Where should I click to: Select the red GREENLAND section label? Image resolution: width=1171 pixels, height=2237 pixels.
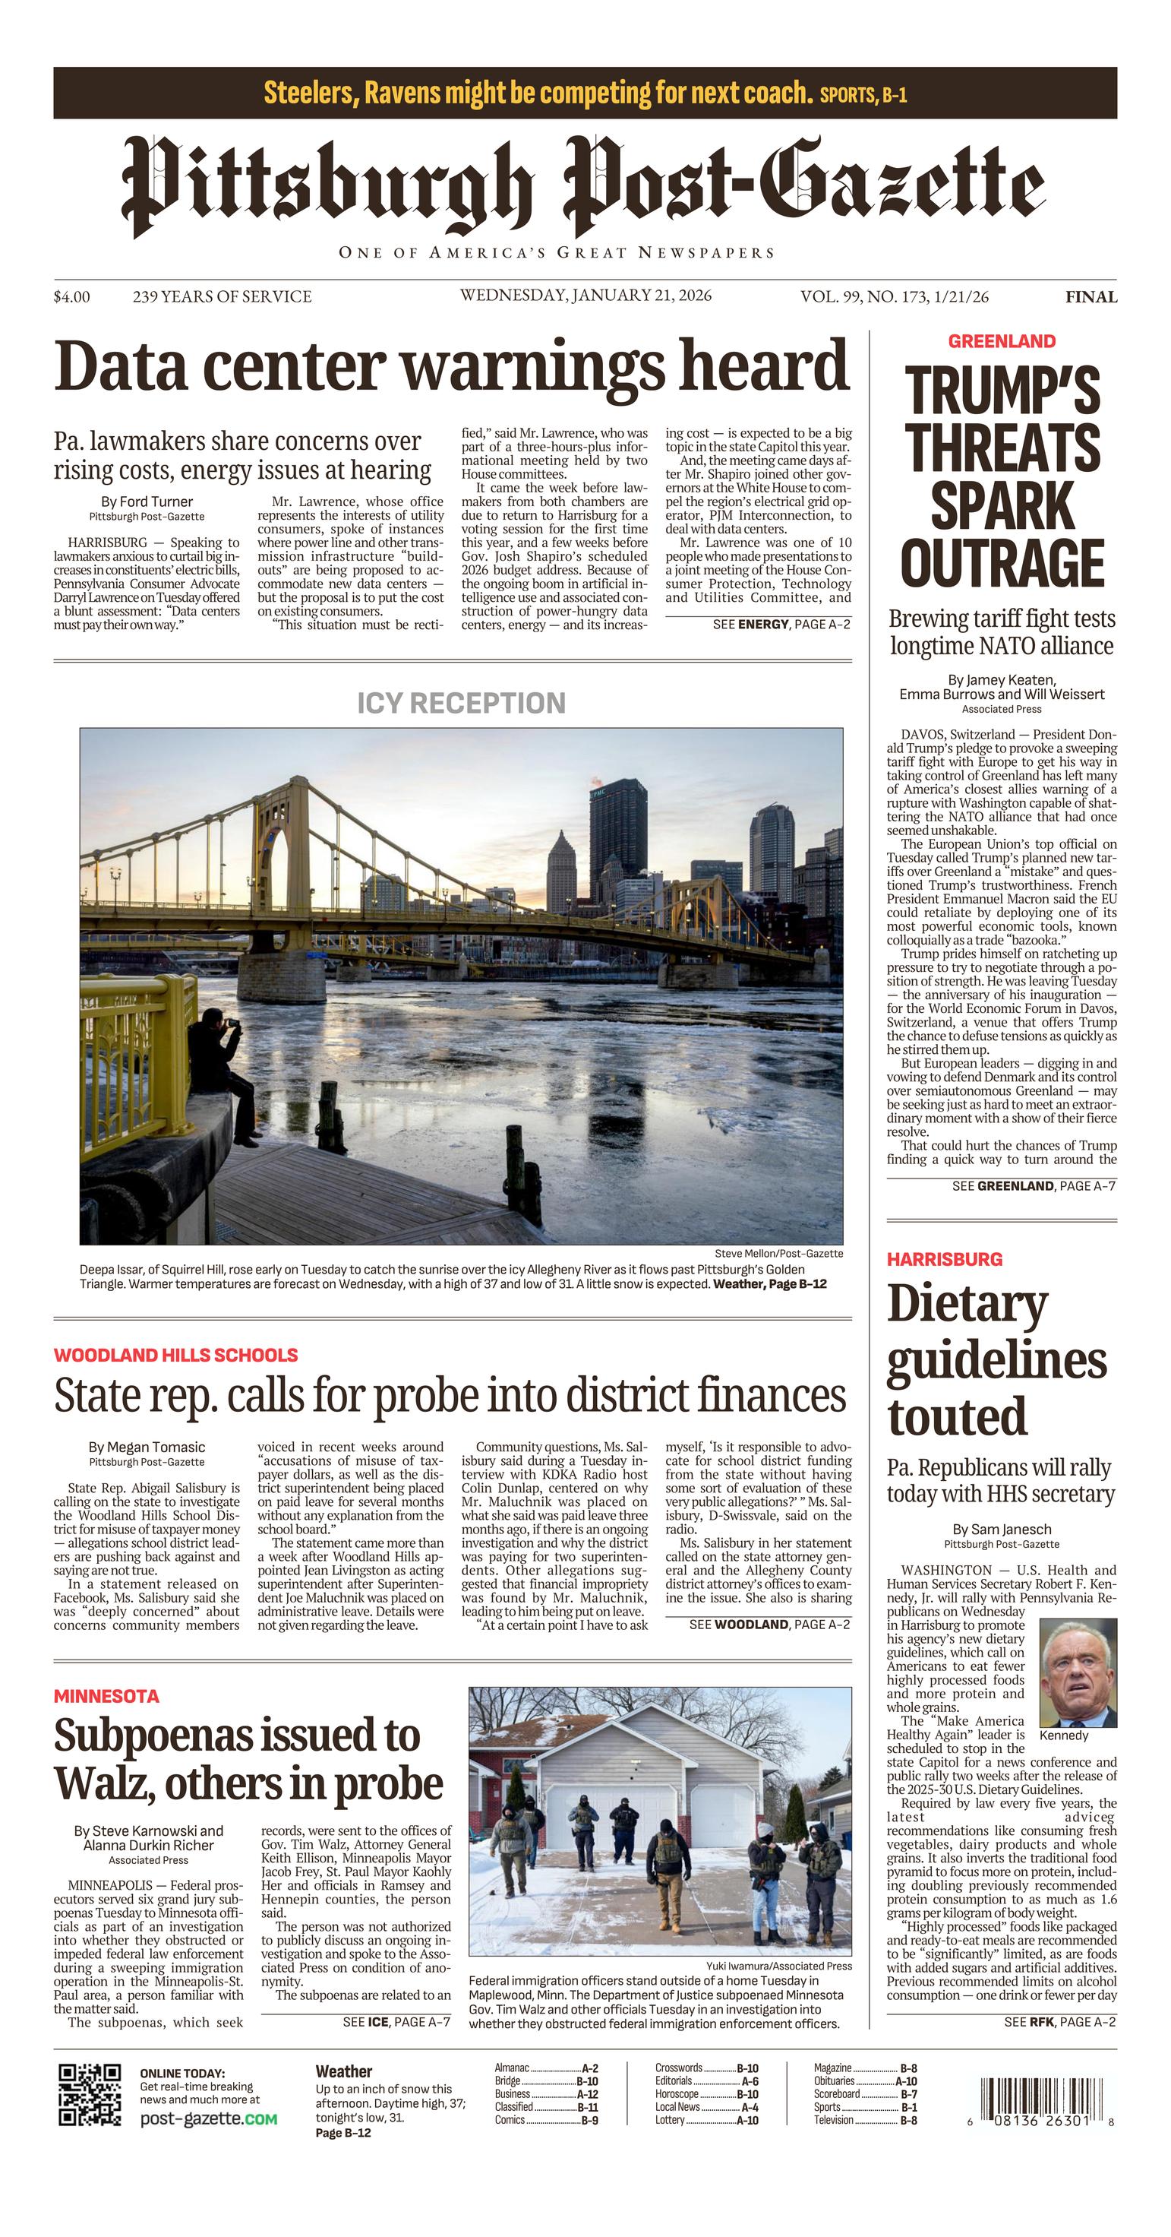1001,341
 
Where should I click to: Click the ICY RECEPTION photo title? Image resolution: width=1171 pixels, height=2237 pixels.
461,703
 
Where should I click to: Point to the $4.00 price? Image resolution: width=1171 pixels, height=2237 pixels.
71,297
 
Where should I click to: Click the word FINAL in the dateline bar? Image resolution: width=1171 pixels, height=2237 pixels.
1091,297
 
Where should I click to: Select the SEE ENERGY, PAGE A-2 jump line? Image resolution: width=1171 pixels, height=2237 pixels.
781,624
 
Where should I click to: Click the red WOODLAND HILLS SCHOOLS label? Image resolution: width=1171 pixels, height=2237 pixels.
175,1355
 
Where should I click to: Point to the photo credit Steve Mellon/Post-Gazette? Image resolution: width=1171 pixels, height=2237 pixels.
778,1253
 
